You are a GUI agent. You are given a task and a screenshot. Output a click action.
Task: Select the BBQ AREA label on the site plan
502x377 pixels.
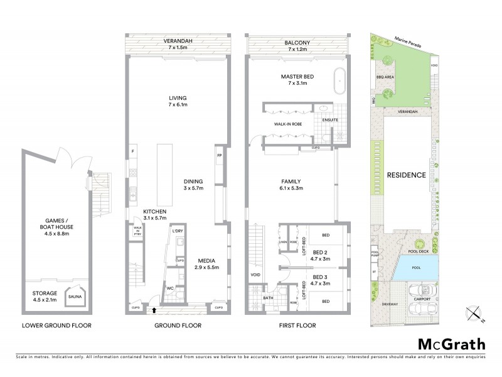pos(385,77)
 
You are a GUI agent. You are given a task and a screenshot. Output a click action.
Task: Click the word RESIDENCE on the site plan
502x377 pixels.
pos(406,175)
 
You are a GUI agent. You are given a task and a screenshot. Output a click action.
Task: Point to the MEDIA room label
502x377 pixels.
pos(207,260)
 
